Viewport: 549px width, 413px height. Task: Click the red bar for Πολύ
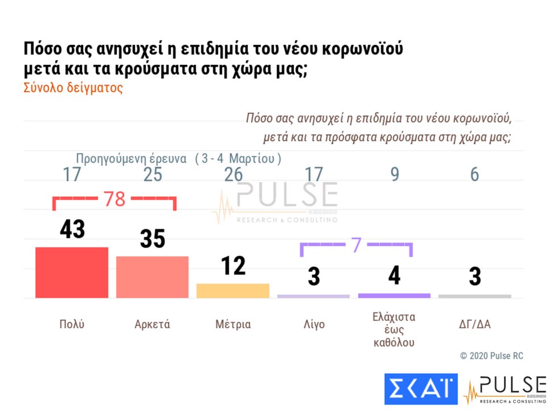pos(72,272)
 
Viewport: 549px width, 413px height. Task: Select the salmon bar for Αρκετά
pos(152,276)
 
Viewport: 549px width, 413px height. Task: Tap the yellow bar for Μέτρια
pos(233,290)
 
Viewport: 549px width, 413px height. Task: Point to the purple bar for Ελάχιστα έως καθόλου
pos(394,295)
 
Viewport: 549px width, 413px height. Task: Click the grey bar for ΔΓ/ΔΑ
pos(474,296)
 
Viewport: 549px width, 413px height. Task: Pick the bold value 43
pos(72,229)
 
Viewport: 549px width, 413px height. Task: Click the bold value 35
pos(152,239)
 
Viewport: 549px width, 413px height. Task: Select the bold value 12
pos(233,266)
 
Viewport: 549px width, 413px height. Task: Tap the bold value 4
pos(394,276)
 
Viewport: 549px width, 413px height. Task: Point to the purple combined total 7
pos(356,245)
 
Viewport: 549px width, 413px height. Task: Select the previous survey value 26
pos(233,175)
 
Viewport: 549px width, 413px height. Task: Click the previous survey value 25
pos(152,175)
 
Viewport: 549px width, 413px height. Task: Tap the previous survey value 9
pos(394,175)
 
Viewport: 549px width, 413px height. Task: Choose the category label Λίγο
pos(313,325)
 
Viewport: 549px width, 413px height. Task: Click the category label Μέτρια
pos(233,325)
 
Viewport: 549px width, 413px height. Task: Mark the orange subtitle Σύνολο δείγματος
pos(73,89)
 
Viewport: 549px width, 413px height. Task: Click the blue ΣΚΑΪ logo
pos(420,389)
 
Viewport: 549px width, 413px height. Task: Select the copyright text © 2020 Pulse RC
pos(492,356)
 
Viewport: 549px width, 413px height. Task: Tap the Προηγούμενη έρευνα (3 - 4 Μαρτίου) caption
pos(179,158)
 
